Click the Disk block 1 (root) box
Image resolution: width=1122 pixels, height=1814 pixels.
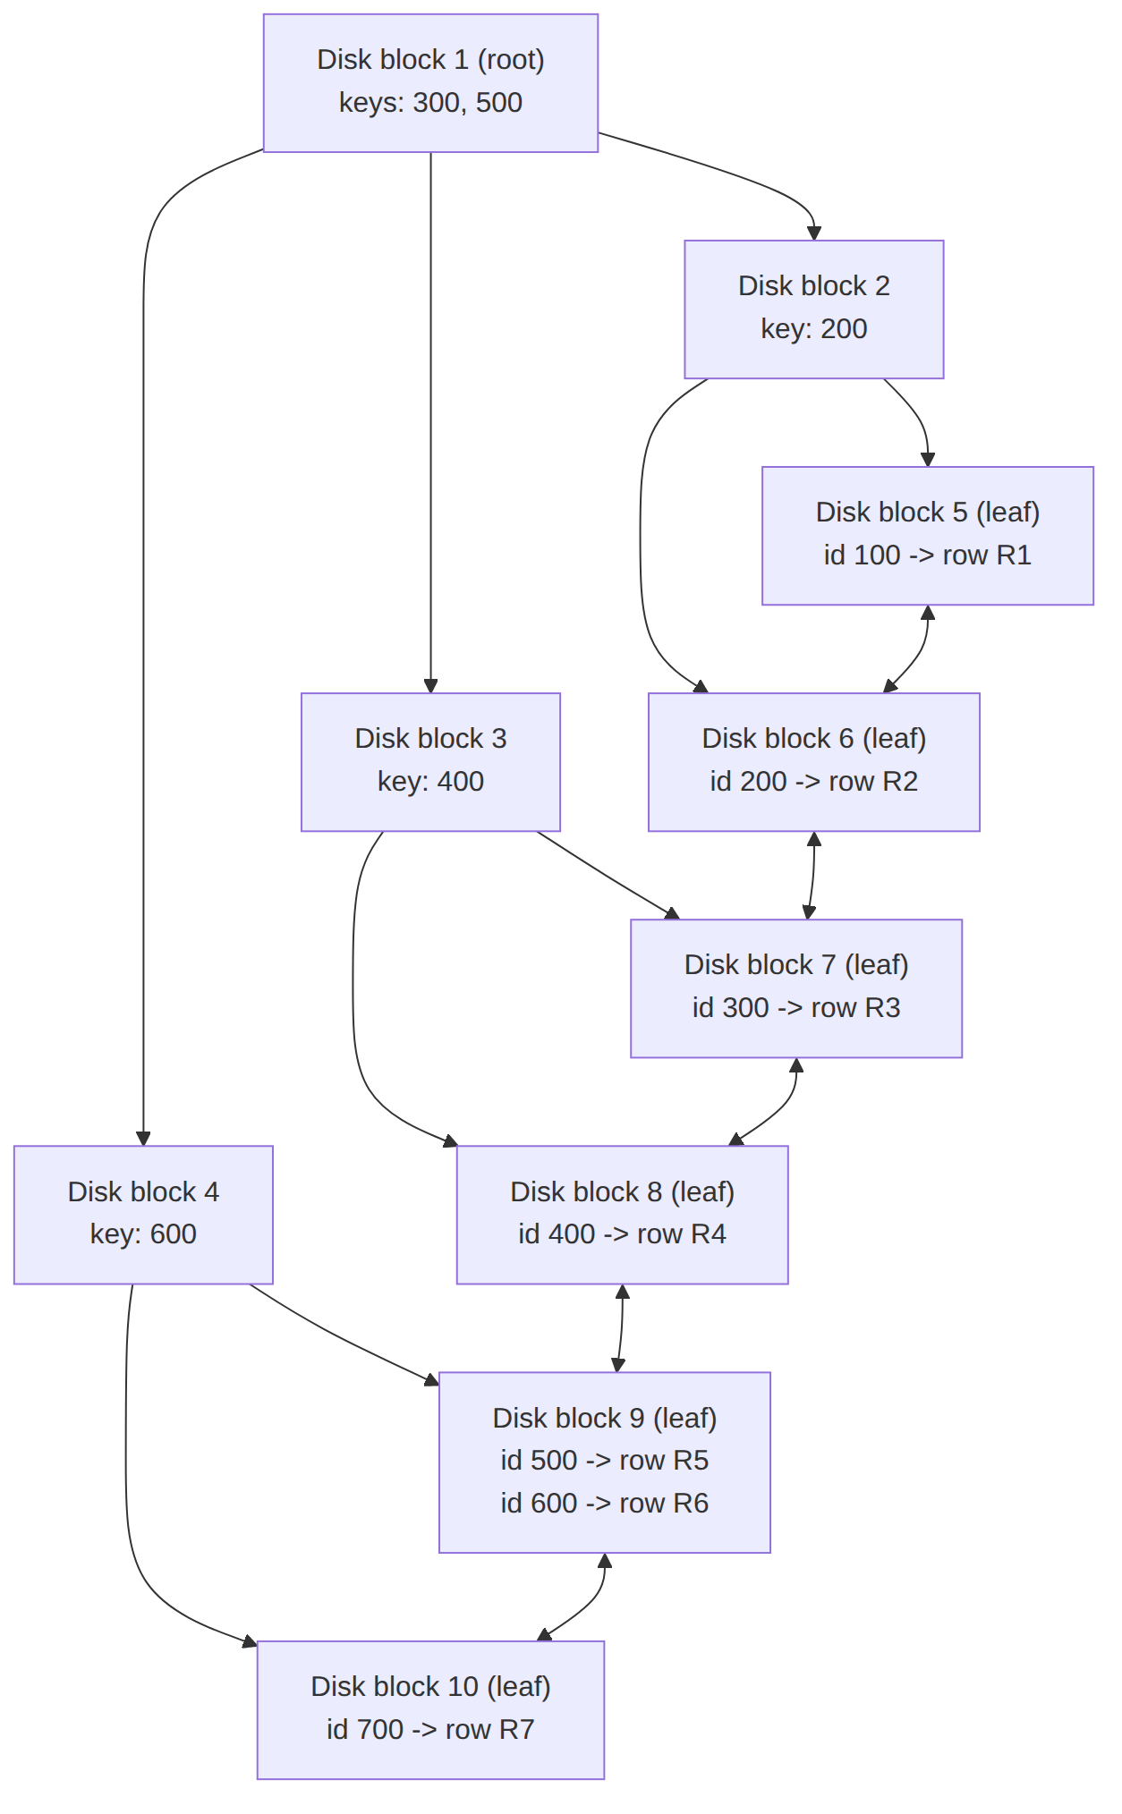(430, 83)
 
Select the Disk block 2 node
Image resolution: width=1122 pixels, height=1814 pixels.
(814, 309)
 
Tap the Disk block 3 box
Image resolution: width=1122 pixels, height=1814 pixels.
(430, 762)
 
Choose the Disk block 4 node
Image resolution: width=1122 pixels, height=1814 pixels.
(143, 1215)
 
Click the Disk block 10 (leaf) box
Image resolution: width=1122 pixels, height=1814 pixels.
(430, 1710)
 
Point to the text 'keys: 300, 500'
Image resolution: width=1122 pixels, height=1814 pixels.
(430, 103)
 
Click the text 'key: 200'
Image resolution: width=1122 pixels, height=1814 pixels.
(814, 329)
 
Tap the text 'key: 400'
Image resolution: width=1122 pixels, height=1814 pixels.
(430, 782)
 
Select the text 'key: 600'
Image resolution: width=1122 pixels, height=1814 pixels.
(143, 1234)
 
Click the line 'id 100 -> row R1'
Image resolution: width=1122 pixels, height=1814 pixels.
(928, 555)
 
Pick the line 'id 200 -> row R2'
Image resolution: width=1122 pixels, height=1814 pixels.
(814, 782)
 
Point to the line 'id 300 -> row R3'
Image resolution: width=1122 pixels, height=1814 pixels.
(796, 1008)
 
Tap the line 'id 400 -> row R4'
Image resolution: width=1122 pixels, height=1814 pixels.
(623, 1234)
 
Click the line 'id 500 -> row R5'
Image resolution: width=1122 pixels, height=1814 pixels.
(605, 1461)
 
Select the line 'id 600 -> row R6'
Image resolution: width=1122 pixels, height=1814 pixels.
(605, 1504)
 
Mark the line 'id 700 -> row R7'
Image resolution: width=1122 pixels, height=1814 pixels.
(430, 1730)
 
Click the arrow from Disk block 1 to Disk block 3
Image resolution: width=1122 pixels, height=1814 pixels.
(430, 422)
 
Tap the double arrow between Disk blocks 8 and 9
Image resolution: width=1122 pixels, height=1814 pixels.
(621, 1328)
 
